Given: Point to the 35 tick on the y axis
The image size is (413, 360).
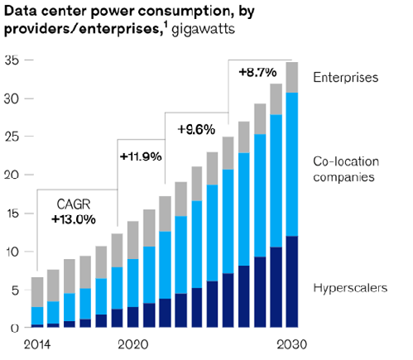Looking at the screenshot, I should click(x=12, y=61).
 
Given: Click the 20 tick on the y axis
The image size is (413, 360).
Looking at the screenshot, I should click(x=12, y=175).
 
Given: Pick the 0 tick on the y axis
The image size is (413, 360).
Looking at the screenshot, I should click(x=15, y=329).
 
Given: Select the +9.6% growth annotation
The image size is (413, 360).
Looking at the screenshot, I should click(x=197, y=129).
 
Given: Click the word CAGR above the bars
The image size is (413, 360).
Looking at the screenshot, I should click(x=73, y=204).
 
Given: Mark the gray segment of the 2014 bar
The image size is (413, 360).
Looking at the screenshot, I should click(x=37, y=292).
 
